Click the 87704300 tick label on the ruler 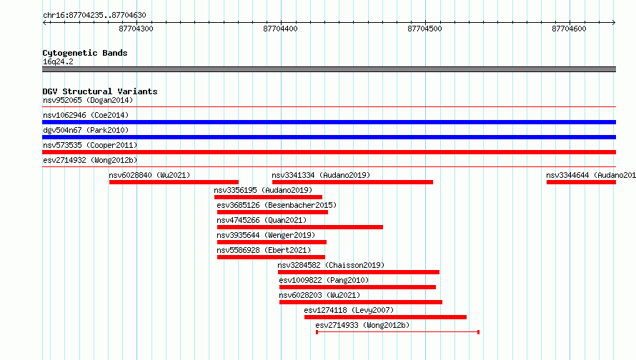coord(136,29)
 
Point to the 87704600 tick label coord(569,29)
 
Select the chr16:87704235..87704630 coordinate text coord(94,16)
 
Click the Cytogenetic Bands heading coord(85,53)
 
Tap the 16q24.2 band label coord(58,61)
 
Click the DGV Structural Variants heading coord(100,91)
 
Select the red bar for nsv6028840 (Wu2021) coord(174,182)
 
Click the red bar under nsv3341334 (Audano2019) coord(352,182)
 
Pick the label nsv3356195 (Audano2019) coord(263,190)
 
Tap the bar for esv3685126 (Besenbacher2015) coord(272,212)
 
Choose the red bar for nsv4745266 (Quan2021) coord(299,227)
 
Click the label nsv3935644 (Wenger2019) coord(266,235)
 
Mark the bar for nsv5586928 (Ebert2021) coord(271,257)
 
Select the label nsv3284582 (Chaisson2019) coord(331,265)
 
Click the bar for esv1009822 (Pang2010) coord(357,287)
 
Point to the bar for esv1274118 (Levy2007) coord(385,317)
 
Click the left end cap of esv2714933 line coord(317,332)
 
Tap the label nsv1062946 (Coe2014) coord(86,115)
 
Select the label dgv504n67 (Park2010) coord(86,130)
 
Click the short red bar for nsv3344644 coord(581,182)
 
